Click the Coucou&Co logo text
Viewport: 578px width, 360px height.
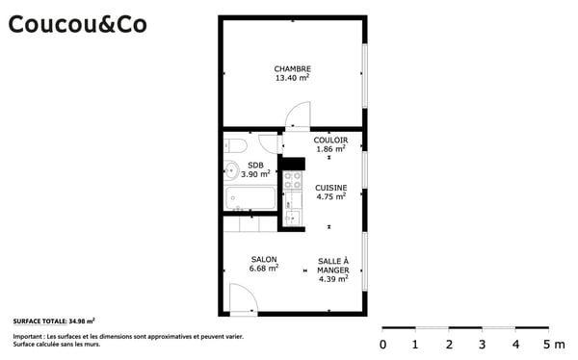[x=77, y=24]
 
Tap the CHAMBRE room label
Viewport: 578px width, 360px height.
[x=292, y=68]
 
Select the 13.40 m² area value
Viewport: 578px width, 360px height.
[x=292, y=78]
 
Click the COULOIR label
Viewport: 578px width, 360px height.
[x=330, y=140]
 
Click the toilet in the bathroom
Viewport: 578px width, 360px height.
[x=236, y=145]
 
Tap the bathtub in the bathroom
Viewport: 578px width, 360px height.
[x=250, y=199]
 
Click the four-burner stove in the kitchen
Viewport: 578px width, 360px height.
[x=292, y=179]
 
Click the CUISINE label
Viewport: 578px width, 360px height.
[x=330, y=187]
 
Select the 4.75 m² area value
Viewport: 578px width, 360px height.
[x=330, y=196]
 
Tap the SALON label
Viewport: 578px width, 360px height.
[x=264, y=259]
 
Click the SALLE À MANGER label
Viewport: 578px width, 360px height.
[x=333, y=266]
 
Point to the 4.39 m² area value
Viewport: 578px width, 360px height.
[x=333, y=280]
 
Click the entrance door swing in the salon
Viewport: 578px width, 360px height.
[x=244, y=298]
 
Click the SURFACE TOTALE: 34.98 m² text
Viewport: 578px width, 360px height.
[x=54, y=320]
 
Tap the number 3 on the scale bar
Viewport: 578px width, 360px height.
[x=482, y=344]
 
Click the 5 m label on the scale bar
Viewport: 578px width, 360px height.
[x=553, y=344]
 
